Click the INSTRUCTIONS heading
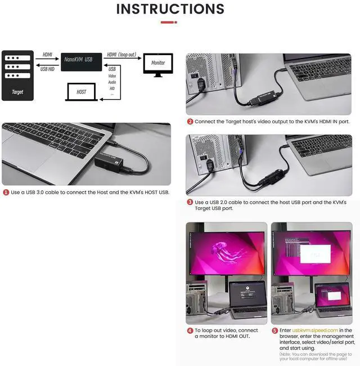point(170,9)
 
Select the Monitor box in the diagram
point(158,63)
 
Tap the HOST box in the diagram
point(81,91)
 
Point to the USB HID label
point(48,69)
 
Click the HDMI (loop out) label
point(122,54)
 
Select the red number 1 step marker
point(6,193)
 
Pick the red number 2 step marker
point(190,122)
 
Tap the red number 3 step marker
point(190,202)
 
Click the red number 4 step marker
point(190,331)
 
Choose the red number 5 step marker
point(275,331)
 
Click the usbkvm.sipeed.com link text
point(315,331)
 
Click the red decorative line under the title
point(169,22)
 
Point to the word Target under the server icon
point(17,92)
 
